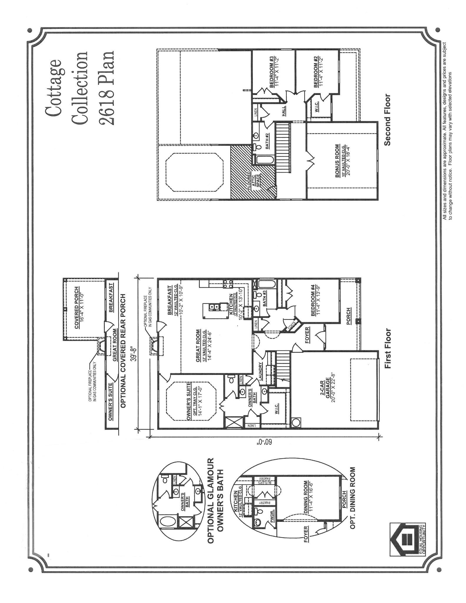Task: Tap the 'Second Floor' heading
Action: (x=387, y=119)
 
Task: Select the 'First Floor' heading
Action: (x=387, y=348)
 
